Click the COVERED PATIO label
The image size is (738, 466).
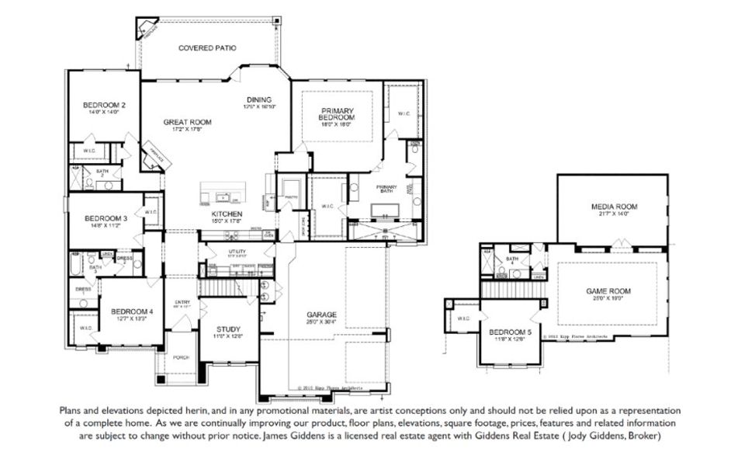point(207,48)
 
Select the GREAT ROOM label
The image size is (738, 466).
point(187,122)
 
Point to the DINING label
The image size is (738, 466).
point(259,99)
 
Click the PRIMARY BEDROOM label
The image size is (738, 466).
point(337,116)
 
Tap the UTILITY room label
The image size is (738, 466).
point(237,252)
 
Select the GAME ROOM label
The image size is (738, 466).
point(608,290)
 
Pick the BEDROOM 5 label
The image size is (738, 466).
point(508,333)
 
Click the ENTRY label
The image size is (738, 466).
point(182,302)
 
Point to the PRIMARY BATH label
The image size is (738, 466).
point(386,187)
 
